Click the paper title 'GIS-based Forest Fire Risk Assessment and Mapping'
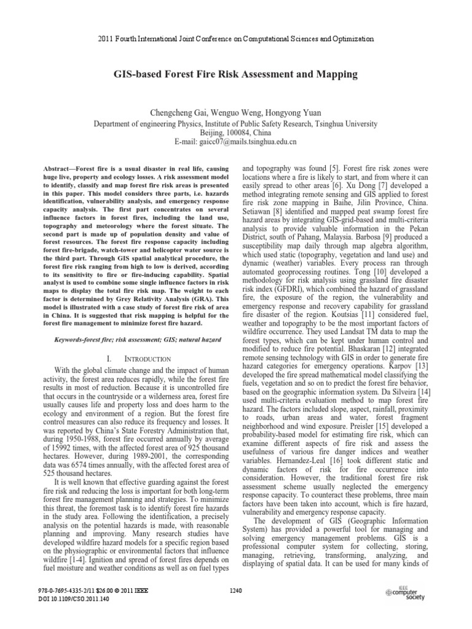click(x=236, y=75)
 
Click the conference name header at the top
click(x=236, y=38)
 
